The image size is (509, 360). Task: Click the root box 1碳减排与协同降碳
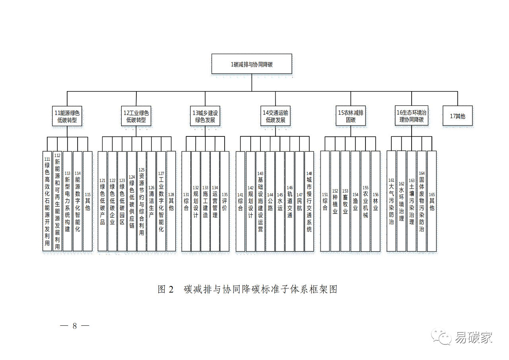pos(251,64)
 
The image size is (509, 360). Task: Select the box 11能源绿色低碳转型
pos(67,116)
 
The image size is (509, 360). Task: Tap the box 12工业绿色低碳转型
pos(136,116)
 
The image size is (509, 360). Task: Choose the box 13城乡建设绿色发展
pos(205,116)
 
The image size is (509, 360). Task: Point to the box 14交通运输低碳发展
pos(276,116)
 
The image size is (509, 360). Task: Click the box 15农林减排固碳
pos(350,116)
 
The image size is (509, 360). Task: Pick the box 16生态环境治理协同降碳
pos(412,116)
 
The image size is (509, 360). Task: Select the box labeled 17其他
pos(457,116)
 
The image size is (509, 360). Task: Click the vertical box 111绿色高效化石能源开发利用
pos(47,201)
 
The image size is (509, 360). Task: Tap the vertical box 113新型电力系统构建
pos(67,201)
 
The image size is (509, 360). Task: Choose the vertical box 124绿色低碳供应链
pos(132,201)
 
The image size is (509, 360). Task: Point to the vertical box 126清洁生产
pos(151,201)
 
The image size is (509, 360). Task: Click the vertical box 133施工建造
pos(205,201)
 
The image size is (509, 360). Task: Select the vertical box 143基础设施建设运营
pos(260,201)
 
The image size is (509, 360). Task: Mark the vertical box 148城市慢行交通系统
pos(309,201)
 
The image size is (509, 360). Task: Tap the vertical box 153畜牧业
pos(345,201)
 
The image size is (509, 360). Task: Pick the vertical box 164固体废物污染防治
pos(422,201)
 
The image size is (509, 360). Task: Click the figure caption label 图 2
pos(166,289)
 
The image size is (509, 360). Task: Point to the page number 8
pos(75,326)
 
